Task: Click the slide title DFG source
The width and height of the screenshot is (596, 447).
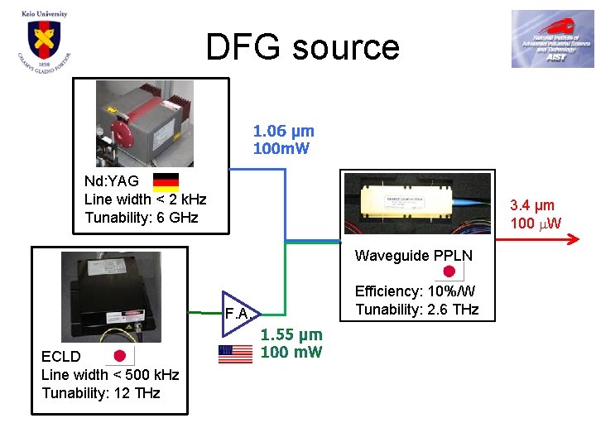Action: point(302,47)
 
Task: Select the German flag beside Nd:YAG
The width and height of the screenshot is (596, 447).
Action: point(167,181)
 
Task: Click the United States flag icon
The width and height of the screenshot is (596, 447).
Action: point(235,353)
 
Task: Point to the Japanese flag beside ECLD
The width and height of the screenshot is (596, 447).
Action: point(119,356)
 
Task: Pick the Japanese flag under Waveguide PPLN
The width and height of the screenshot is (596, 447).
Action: point(449,272)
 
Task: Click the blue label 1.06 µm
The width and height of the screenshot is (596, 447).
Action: point(284,131)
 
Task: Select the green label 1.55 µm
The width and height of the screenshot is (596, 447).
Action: point(291,335)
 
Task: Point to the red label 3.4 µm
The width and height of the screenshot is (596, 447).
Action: point(532,205)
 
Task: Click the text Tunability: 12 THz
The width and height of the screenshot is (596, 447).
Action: point(101,392)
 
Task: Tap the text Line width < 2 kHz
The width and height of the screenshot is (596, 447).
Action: point(145,199)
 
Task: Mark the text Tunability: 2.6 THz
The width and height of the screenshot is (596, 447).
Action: point(416,310)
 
